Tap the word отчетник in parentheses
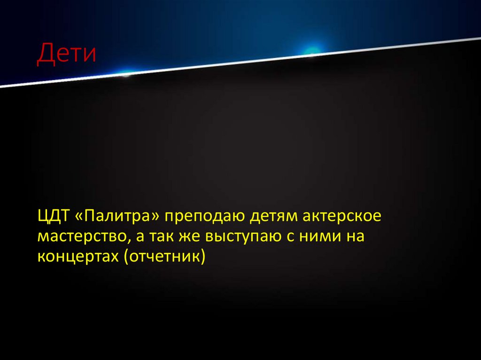[164, 257]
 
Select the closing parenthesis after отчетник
[203, 257]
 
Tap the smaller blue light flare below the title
[126, 73]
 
